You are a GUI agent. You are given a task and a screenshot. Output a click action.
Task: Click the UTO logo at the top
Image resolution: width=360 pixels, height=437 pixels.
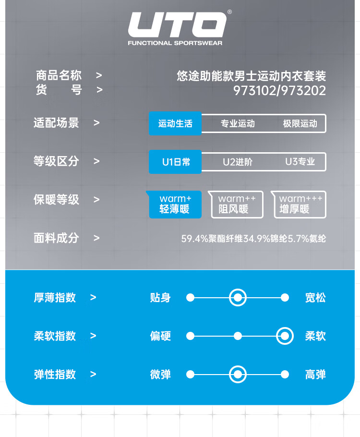tap(177, 26)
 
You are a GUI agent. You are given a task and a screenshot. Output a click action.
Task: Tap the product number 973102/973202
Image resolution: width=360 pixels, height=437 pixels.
tap(279, 90)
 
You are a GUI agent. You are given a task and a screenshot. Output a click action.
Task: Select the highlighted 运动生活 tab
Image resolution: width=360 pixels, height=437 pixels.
tap(175, 123)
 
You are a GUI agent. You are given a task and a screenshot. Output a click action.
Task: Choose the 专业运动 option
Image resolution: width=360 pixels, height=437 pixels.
tap(238, 123)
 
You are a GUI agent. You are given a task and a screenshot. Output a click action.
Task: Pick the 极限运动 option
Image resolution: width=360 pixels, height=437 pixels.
tap(300, 123)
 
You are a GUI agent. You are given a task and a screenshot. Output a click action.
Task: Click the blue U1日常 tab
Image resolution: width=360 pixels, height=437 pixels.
tap(175, 162)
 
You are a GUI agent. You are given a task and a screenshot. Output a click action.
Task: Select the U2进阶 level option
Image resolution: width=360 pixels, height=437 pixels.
tap(238, 162)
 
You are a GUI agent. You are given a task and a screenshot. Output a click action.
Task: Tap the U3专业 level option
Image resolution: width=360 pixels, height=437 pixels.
tap(300, 162)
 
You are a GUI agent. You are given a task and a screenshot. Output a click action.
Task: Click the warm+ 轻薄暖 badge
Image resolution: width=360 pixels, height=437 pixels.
tap(175, 204)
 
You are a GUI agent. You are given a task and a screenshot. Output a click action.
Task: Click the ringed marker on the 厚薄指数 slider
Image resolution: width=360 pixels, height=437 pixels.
tap(238, 298)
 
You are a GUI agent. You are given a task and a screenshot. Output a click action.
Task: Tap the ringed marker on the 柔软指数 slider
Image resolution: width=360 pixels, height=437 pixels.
tap(285, 336)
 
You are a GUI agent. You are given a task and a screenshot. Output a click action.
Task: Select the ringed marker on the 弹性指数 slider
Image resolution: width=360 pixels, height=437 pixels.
tap(238, 375)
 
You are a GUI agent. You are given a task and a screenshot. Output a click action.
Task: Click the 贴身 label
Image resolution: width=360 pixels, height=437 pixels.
tap(160, 298)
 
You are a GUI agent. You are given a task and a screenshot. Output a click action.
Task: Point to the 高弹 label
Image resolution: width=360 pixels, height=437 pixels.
tap(315, 375)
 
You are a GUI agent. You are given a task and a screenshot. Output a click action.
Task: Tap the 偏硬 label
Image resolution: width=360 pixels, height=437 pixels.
tap(160, 336)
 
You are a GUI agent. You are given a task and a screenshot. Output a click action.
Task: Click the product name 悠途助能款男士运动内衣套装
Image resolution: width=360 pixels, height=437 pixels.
tap(251, 76)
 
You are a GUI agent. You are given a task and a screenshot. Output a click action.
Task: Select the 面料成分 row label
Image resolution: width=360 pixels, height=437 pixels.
tap(56, 238)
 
